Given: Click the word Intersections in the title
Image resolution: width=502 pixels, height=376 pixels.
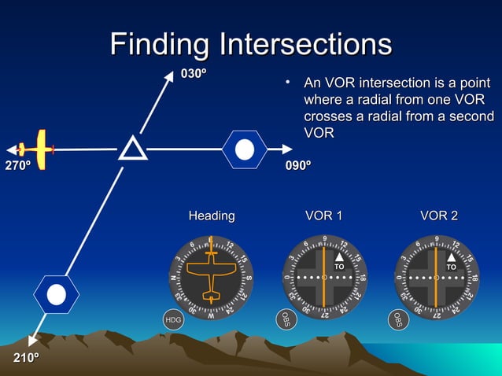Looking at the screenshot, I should click(307, 44).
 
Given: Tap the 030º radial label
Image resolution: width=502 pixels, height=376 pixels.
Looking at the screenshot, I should click(194, 74).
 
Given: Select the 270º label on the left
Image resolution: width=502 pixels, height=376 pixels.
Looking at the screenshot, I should click(18, 166).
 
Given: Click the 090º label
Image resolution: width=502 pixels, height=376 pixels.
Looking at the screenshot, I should click(297, 166).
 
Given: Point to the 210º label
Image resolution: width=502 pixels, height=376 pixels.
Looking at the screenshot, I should click(26, 359).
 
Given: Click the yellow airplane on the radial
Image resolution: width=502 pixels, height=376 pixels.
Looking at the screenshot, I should click(35, 149).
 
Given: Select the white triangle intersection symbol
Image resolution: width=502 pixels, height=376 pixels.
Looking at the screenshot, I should click(132, 148).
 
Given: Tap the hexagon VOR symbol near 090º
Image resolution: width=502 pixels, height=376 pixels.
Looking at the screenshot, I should click(245, 149).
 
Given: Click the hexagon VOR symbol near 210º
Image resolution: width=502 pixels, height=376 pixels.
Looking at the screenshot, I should click(56, 295).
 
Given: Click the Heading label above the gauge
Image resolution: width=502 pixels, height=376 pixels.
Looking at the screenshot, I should click(211, 216).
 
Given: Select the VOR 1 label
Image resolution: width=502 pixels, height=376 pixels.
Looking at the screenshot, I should click(323, 216).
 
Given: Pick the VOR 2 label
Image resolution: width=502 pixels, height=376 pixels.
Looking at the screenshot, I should click(438, 216).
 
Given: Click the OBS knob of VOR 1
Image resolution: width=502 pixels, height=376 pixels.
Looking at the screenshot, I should click(286, 319).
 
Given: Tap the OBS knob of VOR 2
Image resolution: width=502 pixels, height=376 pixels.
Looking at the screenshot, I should click(398, 319).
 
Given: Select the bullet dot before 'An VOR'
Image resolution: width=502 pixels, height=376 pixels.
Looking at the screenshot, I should click(289, 83).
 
